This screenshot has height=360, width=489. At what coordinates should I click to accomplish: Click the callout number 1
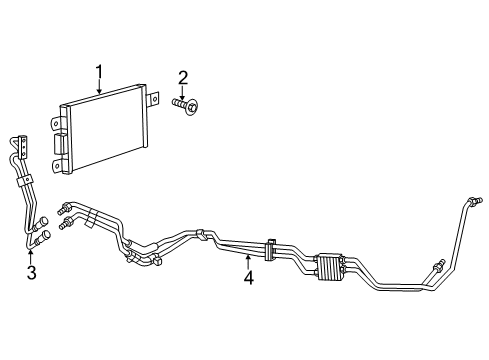point(99,72)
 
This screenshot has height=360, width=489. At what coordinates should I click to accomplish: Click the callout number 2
point(183,78)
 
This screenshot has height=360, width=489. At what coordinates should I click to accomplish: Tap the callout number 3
point(31,273)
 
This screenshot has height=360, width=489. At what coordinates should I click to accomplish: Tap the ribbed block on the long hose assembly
point(328,268)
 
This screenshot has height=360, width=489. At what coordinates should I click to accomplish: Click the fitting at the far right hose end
point(476,203)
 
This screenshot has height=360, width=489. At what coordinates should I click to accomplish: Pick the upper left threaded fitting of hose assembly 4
point(66,208)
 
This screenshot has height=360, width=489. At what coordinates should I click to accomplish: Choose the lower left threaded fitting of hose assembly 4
point(66,225)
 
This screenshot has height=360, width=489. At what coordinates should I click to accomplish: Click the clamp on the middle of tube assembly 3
point(22,184)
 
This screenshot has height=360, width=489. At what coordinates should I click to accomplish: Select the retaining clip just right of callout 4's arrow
point(271,248)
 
